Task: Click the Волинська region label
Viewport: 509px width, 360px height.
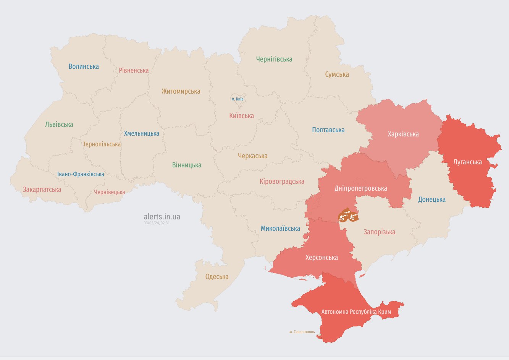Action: (x=84, y=66)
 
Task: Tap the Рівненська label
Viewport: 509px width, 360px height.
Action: (x=134, y=70)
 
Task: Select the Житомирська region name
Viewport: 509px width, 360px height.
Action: (x=181, y=91)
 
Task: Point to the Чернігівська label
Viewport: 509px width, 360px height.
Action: (x=274, y=59)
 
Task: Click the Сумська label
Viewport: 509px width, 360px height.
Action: (x=337, y=75)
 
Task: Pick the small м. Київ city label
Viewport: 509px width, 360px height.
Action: (x=237, y=99)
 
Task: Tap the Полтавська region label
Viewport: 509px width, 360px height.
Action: (x=328, y=130)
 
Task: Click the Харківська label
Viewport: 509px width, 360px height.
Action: (x=403, y=134)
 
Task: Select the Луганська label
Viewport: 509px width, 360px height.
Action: (x=467, y=162)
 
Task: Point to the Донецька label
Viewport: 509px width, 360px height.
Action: (x=431, y=199)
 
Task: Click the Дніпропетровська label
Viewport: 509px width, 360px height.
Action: (x=360, y=188)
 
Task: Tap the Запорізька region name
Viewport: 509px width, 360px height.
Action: (x=379, y=232)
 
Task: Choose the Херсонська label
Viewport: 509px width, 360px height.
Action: (x=322, y=258)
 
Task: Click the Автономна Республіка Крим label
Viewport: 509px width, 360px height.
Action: (x=356, y=312)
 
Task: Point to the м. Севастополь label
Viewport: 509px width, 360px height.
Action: (x=302, y=332)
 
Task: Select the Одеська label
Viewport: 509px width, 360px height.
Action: (x=217, y=277)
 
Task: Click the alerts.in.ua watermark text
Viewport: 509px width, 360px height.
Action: (x=162, y=217)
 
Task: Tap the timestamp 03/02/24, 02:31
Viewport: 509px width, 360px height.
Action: (x=157, y=223)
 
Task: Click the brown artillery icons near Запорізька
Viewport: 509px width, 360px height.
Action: (x=348, y=216)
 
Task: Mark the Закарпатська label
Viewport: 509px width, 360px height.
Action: (x=42, y=190)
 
